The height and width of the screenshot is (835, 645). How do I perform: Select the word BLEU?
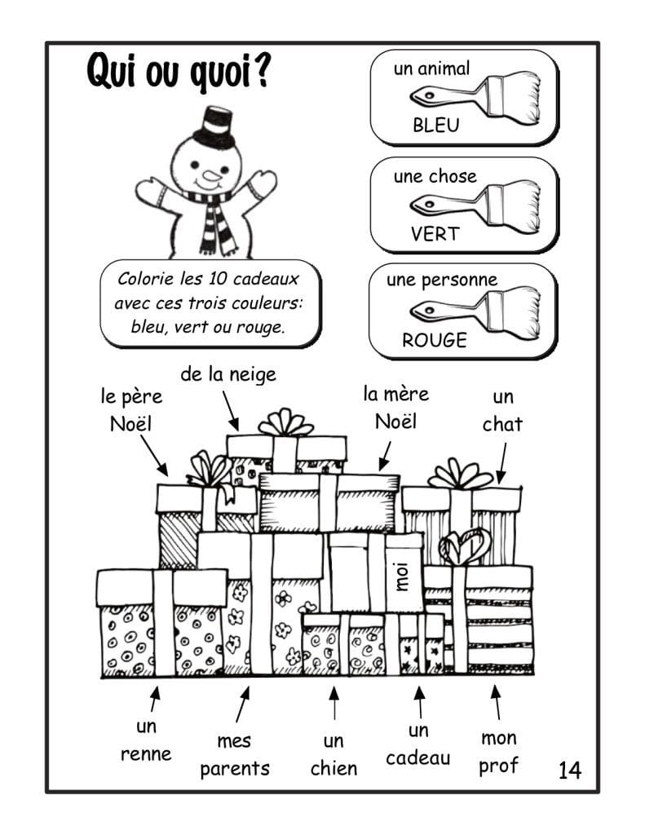point(435,126)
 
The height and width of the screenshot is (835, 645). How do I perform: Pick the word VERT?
point(435,234)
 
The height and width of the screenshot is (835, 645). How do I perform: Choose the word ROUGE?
point(435,340)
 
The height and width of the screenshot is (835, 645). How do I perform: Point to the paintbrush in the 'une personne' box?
point(474,310)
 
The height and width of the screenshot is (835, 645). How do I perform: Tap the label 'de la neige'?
point(228,374)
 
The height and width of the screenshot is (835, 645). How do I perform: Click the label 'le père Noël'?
point(131,410)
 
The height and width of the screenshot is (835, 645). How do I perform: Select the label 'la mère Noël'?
point(395,408)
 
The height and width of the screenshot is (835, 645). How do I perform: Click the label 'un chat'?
point(502,410)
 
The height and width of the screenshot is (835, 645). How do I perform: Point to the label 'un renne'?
point(146,740)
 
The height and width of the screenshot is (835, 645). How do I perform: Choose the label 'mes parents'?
point(235,754)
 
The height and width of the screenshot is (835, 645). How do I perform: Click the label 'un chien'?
point(334,754)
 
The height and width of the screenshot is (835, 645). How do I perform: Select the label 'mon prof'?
point(498,752)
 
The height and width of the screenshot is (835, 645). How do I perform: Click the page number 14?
point(570,769)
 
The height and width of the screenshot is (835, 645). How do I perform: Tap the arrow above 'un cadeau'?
point(419,701)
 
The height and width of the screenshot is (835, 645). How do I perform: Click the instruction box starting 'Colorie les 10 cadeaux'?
point(210,303)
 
